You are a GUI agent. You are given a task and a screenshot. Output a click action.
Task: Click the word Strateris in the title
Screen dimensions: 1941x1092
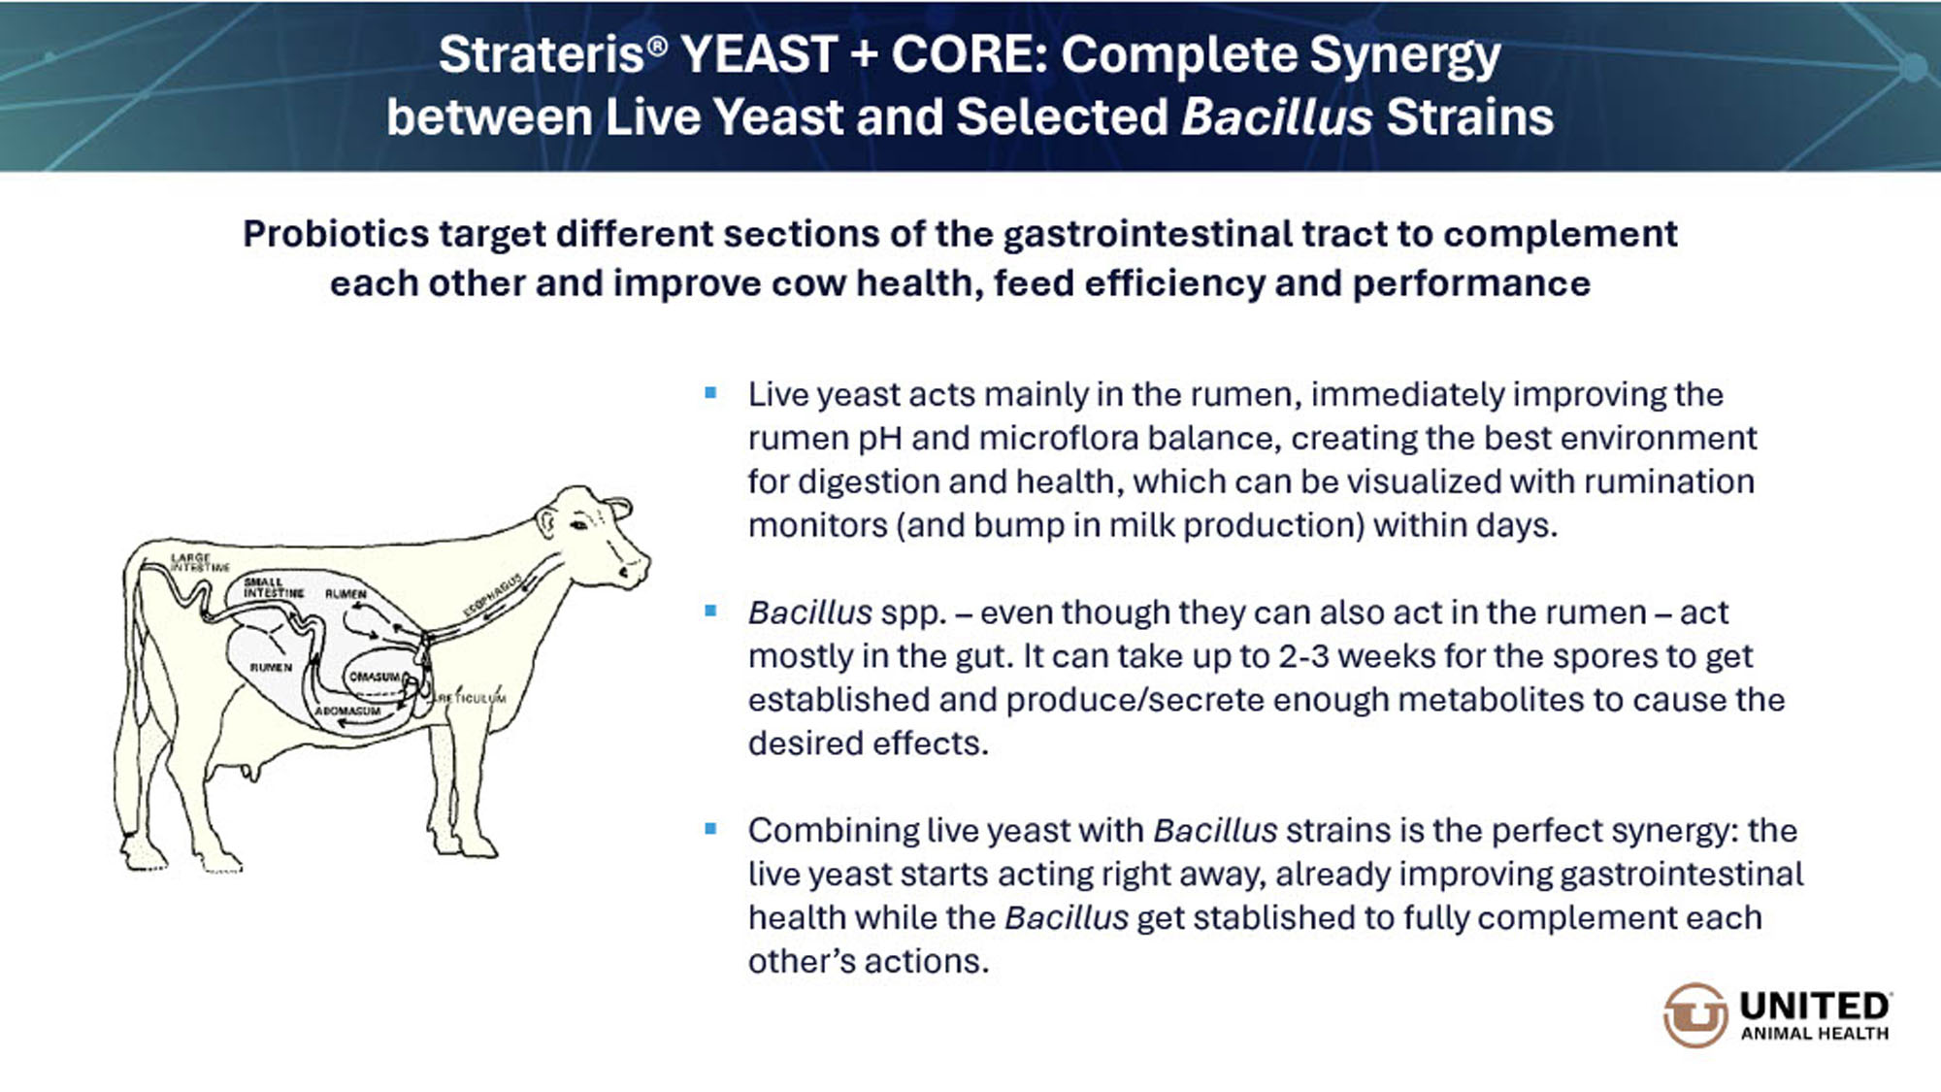point(541,54)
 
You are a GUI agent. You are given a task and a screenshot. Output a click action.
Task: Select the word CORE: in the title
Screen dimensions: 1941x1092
point(970,54)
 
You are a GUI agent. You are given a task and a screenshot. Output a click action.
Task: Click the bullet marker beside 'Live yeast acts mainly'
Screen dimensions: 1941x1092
point(710,393)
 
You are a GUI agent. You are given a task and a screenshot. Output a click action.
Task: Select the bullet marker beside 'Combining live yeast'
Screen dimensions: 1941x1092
point(710,829)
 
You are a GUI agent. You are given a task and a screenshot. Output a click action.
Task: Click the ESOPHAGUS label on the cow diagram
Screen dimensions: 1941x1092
point(493,594)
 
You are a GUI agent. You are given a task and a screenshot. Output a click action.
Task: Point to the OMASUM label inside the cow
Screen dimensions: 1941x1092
point(375,677)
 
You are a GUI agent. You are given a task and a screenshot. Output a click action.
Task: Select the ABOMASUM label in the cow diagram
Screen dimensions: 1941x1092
point(347,711)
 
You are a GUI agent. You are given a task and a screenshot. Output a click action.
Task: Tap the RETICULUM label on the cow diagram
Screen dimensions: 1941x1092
point(472,698)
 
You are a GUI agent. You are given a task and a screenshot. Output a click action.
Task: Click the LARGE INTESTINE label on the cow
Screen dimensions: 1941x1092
point(200,562)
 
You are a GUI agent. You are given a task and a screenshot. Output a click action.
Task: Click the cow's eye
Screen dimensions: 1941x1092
point(579,525)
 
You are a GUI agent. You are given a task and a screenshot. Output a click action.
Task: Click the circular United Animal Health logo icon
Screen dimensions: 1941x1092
point(1695,1015)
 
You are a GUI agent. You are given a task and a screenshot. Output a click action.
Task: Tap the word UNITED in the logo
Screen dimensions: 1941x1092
point(1815,1006)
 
